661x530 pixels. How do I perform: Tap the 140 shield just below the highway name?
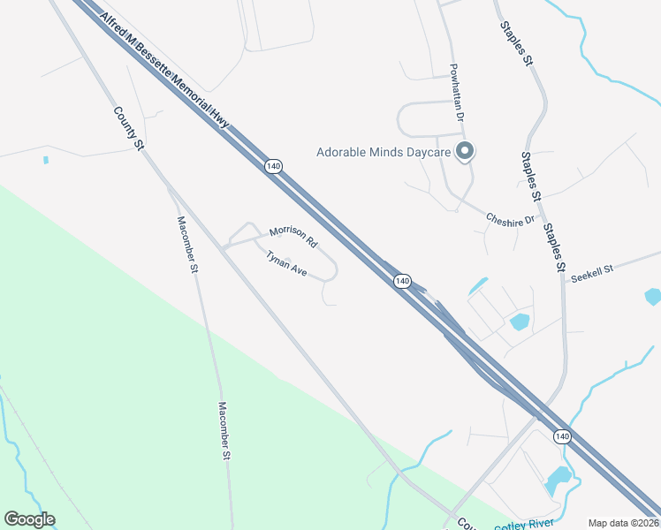pos(273,166)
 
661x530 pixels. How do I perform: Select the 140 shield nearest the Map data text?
pos(561,436)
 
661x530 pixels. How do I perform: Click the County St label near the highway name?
pos(127,128)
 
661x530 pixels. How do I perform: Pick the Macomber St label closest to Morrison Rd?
pos(186,245)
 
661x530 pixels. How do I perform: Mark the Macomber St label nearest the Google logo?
pos(224,431)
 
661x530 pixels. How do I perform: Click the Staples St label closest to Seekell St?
pos(554,246)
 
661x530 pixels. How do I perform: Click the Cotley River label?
pos(523,525)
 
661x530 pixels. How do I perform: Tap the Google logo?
pos(29,519)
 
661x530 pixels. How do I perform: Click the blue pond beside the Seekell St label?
pos(653,296)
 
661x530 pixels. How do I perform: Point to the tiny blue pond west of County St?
pos(45,160)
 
